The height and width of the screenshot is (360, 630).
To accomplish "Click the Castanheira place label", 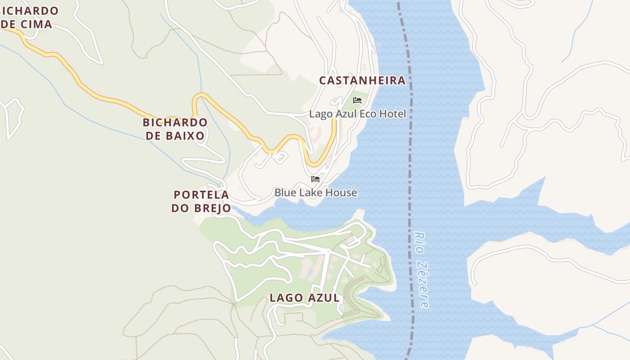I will pos(362,81).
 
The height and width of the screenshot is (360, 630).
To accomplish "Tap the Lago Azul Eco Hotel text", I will pos(357,114).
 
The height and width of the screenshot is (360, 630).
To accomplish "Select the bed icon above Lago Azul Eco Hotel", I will pos(357,100).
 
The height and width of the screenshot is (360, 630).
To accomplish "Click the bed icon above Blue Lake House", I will pos(315,179).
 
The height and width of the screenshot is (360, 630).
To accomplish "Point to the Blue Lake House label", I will pos(315,193).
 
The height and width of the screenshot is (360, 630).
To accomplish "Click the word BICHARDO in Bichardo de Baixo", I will pos(175,122).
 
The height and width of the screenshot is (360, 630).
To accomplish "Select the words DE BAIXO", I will pos(175,135).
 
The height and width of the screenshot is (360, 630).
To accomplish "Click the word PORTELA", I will pos(201,195).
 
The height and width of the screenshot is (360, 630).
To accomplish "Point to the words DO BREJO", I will pos(201,208).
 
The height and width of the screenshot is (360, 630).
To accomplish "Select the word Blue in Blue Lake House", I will pos(285,193).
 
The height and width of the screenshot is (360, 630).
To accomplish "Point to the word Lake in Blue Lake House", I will pos(312,193).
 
